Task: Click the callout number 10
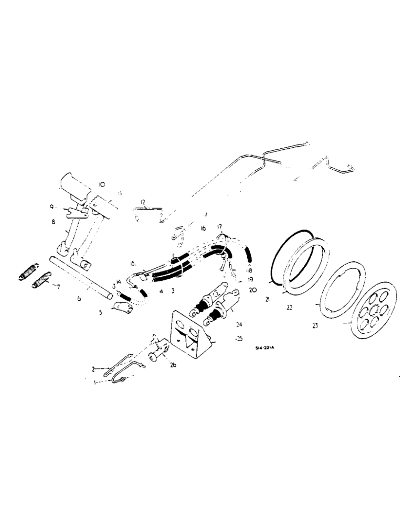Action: [x=102, y=185]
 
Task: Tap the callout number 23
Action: [x=315, y=325]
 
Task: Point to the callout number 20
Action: [x=253, y=289]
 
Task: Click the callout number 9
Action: [x=52, y=208]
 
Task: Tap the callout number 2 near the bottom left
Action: [x=93, y=369]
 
